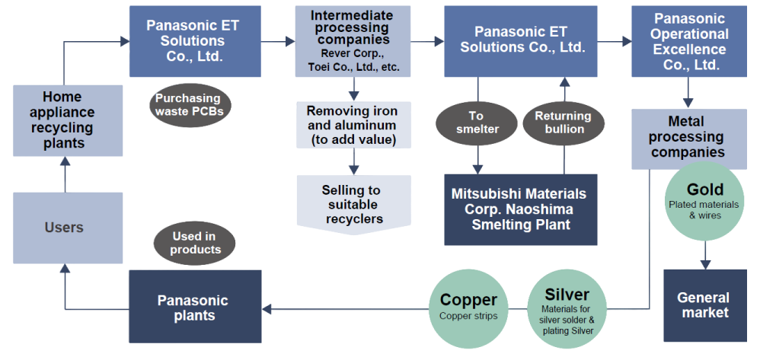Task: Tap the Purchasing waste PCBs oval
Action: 190,105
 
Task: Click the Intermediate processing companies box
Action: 353,41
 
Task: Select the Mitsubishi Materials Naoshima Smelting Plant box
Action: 521,209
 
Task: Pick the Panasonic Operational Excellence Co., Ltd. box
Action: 688,41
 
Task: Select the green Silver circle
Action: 567,309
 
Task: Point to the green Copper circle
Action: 468,309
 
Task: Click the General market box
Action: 705,305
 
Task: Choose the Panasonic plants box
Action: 195,306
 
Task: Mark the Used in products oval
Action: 194,244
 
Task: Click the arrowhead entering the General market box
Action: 705,265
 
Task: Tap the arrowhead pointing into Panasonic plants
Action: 266,309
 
